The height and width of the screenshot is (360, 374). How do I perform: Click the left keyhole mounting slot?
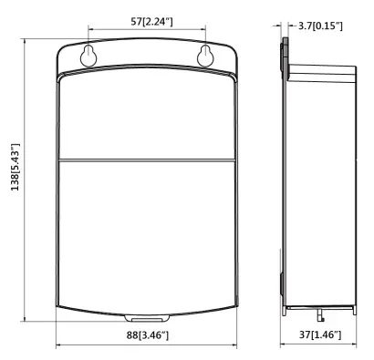[88, 56]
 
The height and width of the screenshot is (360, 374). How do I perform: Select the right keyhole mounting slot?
[205, 56]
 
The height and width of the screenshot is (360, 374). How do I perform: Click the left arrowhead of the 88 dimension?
[59, 345]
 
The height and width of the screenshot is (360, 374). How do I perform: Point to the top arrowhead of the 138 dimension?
[25, 42]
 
